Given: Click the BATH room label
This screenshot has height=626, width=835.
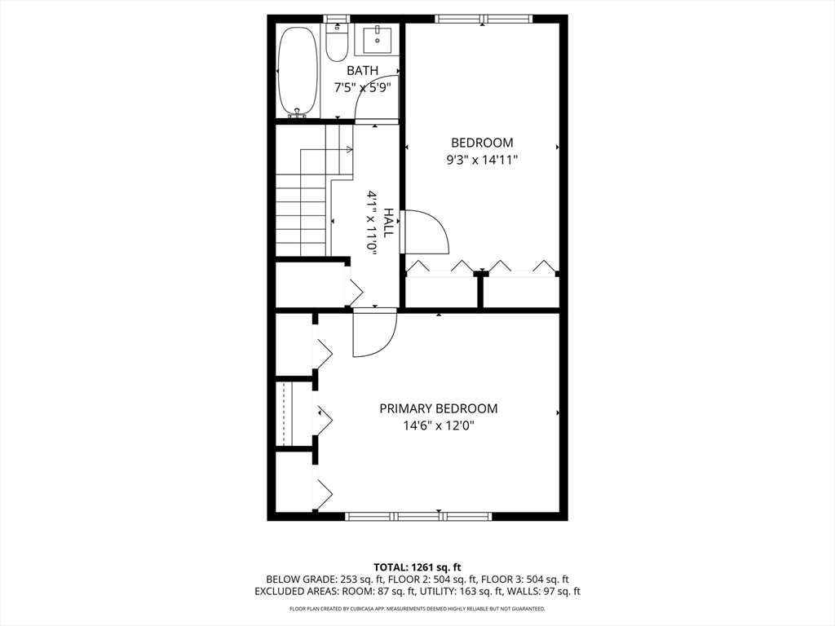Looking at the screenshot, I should point(362,71).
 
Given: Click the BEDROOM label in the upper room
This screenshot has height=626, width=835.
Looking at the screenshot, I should point(482,143).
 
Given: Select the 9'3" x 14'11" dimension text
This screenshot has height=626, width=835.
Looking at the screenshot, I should point(482,160).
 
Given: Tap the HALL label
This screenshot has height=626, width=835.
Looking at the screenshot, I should point(389,223).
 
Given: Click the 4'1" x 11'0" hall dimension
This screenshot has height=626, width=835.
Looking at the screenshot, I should point(372,223).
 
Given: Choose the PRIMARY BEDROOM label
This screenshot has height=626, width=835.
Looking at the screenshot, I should point(438,408).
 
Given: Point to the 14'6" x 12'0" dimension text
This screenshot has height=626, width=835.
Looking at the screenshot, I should point(438,425).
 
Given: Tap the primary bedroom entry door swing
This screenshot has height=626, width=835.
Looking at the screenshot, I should point(375,334).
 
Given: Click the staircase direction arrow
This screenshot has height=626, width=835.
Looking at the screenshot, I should point(348,150).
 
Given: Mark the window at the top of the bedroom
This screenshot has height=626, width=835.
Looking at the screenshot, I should point(483,19).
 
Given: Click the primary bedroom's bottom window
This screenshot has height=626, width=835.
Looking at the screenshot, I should point(418,516).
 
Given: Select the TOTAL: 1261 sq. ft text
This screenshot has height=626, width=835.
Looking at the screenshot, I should point(417,566).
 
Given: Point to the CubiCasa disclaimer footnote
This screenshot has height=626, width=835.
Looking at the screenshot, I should point(417,609).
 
